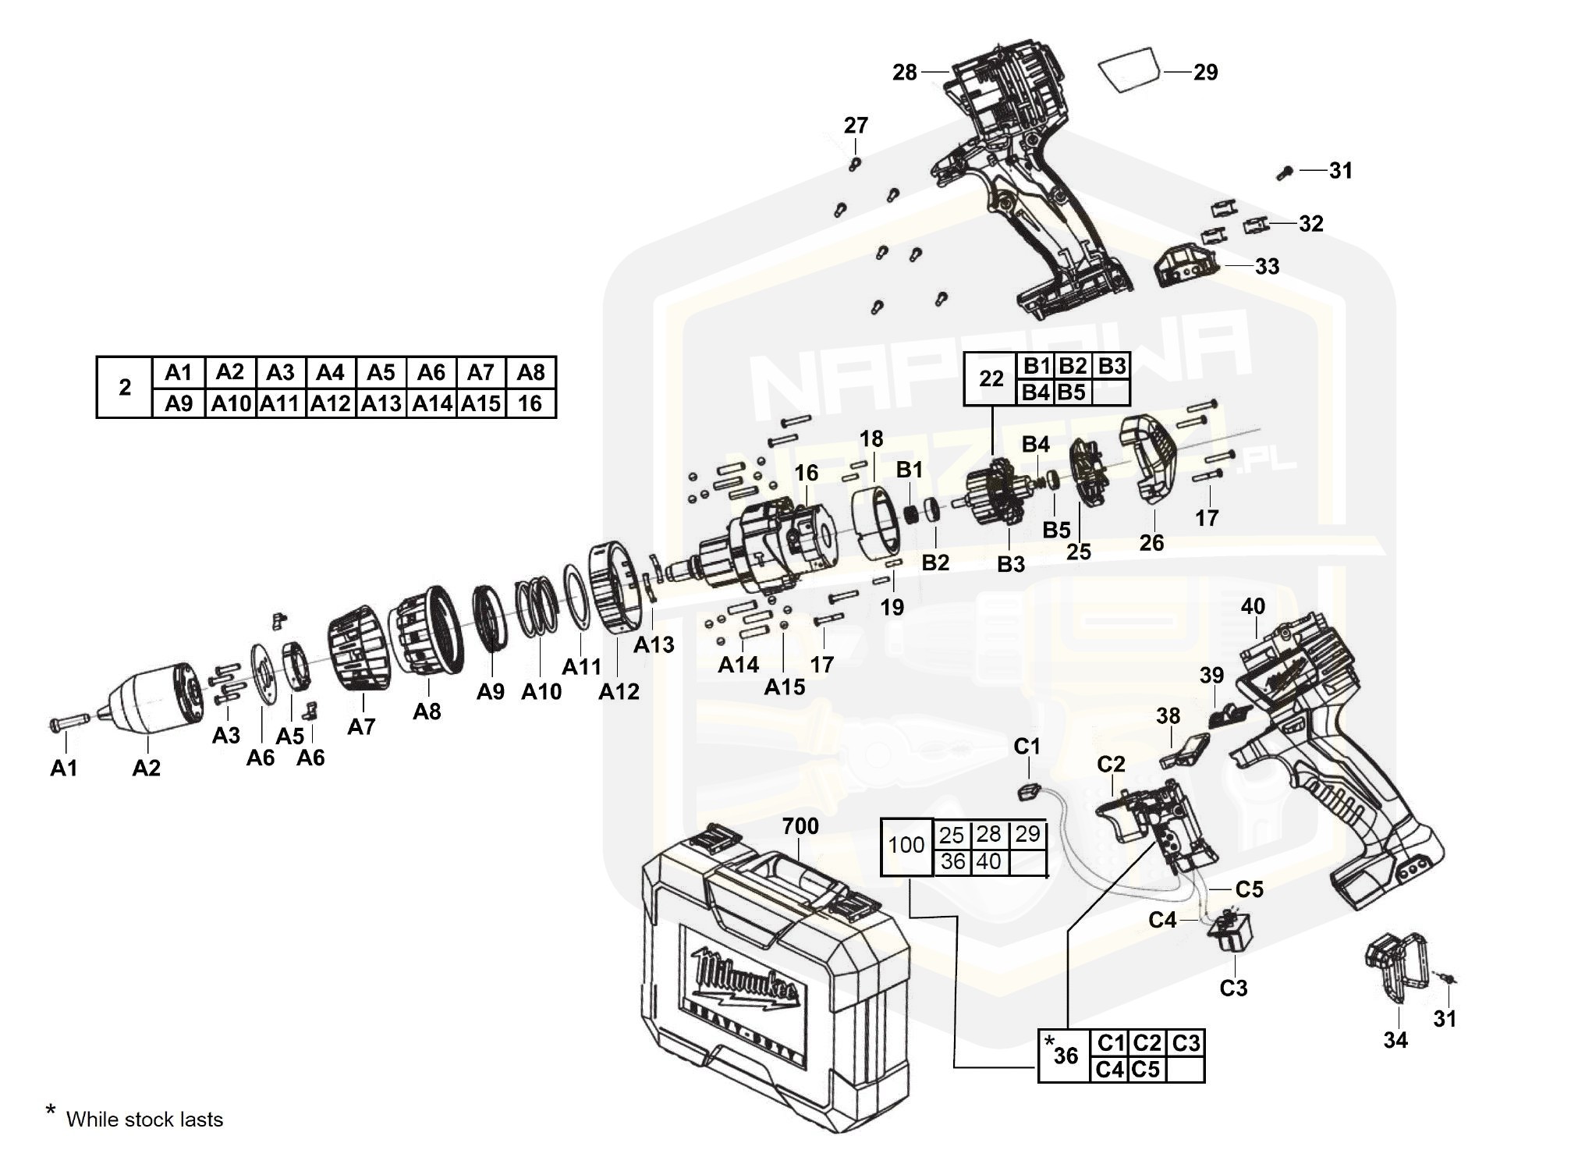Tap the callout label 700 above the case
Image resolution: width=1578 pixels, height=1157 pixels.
pos(800,825)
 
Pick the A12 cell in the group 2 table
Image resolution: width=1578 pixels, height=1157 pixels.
pos(330,404)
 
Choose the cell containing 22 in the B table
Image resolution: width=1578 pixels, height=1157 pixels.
pos(991,379)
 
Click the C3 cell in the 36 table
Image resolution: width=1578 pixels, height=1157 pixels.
pos(1186,1042)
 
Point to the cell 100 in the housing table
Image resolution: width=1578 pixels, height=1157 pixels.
pos(906,846)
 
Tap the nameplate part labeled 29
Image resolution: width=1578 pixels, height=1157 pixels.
pos(1128,70)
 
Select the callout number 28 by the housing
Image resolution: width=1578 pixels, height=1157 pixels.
pos(905,73)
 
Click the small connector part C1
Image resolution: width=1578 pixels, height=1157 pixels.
pos(1029,791)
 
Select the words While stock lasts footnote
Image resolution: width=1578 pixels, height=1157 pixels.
pos(144,1120)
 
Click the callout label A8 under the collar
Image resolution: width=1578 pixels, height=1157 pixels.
pos(427,711)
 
